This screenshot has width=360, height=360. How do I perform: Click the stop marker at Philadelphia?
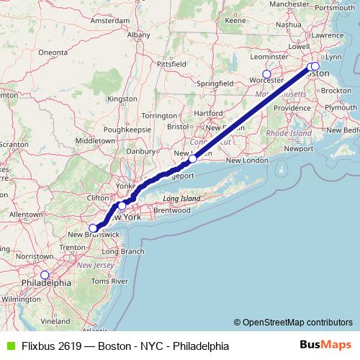pyautogui.click(x=45, y=274)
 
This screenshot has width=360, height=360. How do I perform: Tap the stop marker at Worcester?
pyautogui.click(x=267, y=73)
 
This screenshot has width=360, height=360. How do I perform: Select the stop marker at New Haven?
pyautogui.click(x=193, y=158)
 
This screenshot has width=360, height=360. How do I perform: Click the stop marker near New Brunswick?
pyautogui.click(x=93, y=228)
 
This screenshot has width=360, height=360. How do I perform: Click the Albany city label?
pyautogui.click(x=138, y=34)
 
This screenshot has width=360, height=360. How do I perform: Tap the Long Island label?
pyautogui.click(x=179, y=198)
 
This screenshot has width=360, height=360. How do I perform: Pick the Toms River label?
pyautogui.click(x=110, y=280)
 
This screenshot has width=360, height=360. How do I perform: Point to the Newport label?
pyautogui.click(x=300, y=148)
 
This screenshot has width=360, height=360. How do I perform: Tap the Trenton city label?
pyautogui.click(x=73, y=246)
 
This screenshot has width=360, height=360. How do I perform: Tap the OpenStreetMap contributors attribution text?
pyautogui.click(x=297, y=322)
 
